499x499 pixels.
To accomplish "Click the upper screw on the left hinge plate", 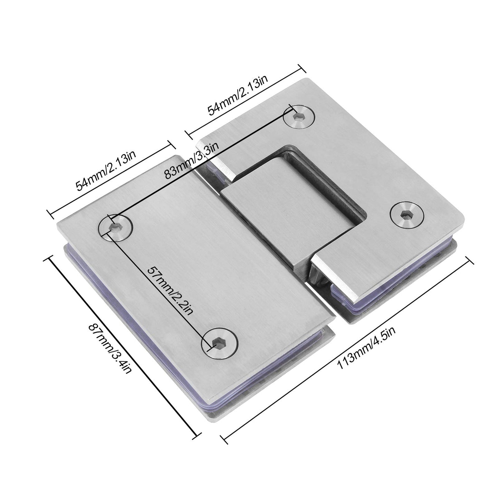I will coord(115,227).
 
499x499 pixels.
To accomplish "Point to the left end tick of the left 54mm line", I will coord(51,214).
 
